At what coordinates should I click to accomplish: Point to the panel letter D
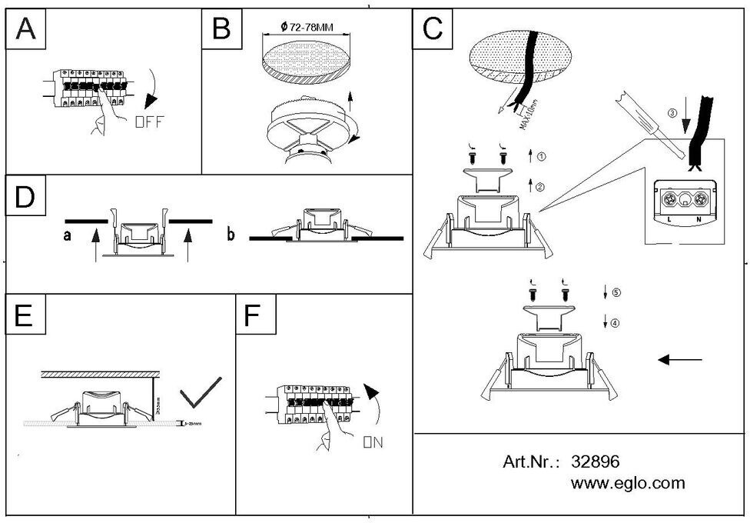pyautogui.click(x=25, y=197)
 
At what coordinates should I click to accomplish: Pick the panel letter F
pyautogui.click(x=253, y=316)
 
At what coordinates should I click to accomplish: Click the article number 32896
pyautogui.click(x=596, y=461)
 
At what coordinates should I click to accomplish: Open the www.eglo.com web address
pyautogui.click(x=628, y=484)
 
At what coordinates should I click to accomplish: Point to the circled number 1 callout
pyautogui.click(x=542, y=157)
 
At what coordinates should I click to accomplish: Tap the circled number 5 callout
pyautogui.click(x=616, y=292)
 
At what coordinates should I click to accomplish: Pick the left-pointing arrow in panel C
pyautogui.click(x=680, y=359)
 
